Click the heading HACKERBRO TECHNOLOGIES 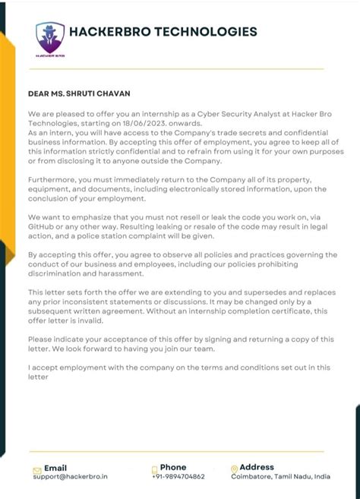click(163, 32)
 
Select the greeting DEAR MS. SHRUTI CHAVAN click(78, 93)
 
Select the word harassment click(119, 273)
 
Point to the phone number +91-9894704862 click(178, 476)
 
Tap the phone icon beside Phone click(155, 470)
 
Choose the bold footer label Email click(55, 467)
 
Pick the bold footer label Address click(257, 467)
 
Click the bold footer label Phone click(173, 467)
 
